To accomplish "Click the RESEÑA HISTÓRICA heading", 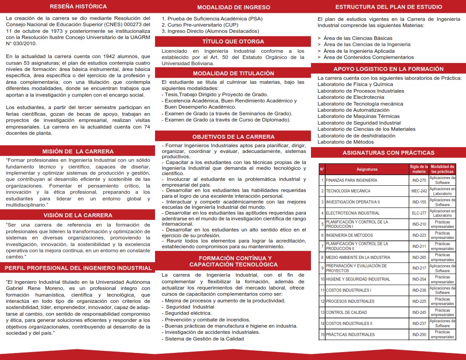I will point(78,7).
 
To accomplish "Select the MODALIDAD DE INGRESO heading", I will point(233,7).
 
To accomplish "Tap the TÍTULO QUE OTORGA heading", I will point(233,41).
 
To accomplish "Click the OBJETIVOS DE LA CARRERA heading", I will point(233,137).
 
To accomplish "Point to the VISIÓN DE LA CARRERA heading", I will point(78,215).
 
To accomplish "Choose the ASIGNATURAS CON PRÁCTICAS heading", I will point(388,153).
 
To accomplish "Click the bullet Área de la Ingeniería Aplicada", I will point(359,51).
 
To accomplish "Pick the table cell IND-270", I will point(419,180).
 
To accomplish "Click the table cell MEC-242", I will point(419,191).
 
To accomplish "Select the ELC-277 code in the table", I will point(419,213).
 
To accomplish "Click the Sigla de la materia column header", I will point(419,169).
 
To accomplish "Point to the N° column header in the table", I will point(322,169).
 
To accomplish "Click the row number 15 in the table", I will point(322,335).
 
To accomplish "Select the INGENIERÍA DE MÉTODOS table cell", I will point(349,235).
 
